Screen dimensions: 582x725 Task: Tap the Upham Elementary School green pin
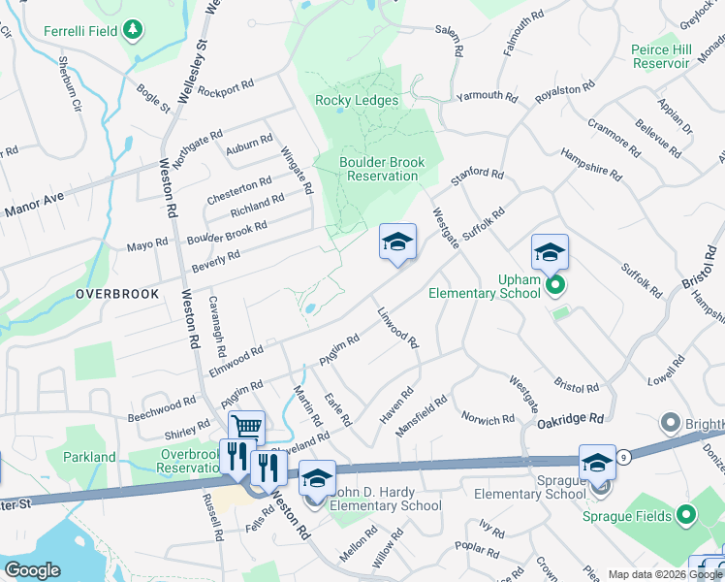click(x=555, y=286)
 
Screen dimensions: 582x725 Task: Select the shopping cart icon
click(x=247, y=427)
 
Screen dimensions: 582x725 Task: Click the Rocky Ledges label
click(x=357, y=100)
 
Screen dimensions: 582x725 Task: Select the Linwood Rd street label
click(x=397, y=329)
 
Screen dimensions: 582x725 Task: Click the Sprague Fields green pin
click(x=686, y=514)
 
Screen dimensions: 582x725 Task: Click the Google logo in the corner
click(x=32, y=570)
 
